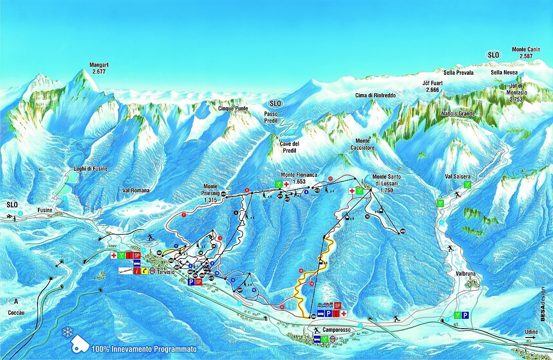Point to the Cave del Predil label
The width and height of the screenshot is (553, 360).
(289, 147)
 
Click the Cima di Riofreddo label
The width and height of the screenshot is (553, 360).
(375, 96)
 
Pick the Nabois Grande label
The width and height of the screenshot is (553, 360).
(457, 114)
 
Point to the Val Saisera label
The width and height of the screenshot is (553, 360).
(457, 176)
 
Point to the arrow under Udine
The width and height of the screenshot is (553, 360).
(531, 337)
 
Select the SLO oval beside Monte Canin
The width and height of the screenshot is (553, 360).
(494, 55)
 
